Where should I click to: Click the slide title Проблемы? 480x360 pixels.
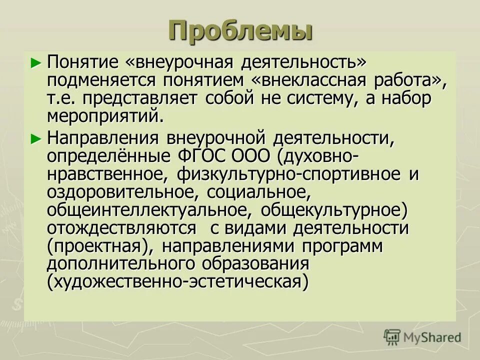(240, 30)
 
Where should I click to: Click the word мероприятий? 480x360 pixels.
(105, 116)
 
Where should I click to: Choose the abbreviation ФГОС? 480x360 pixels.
(201, 156)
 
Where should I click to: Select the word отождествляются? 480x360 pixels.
(122, 228)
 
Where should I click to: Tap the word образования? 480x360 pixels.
(255, 264)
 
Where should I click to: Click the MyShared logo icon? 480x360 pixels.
(391, 337)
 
